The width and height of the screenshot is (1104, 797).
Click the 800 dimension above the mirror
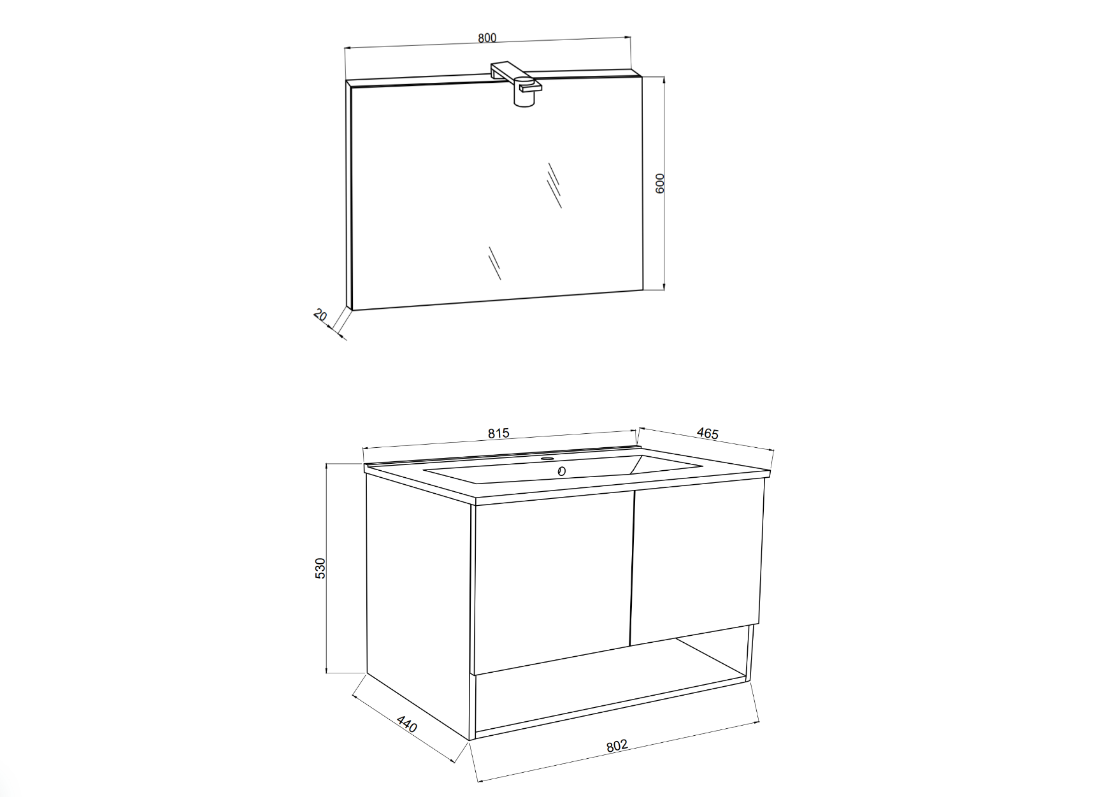(x=487, y=38)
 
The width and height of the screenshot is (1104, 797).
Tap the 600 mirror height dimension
(x=660, y=183)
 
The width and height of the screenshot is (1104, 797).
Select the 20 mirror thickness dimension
(x=320, y=315)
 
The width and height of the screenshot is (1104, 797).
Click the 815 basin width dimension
(x=499, y=433)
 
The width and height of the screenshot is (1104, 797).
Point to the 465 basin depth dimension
(x=707, y=433)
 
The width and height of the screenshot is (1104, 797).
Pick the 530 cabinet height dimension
(x=320, y=568)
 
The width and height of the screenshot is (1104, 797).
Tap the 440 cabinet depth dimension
(x=406, y=724)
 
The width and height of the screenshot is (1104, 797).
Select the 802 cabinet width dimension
(x=617, y=746)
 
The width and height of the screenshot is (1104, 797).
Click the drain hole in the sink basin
(x=561, y=471)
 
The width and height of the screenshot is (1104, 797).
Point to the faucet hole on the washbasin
(x=547, y=458)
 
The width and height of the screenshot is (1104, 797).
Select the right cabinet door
(x=696, y=564)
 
